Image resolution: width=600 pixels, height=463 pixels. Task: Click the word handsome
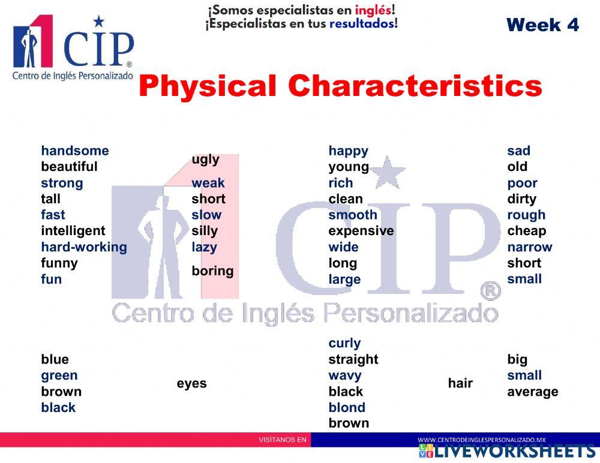pyautogui.click(x=75, y=151)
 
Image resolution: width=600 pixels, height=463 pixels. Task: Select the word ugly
pyautogui.click(x=205, y=160)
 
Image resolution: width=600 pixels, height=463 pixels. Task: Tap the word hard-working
pyautogui.click(x=84, y=247)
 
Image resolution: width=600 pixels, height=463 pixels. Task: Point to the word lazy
pyautogui.click(x=204, y=247)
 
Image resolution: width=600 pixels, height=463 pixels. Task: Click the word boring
pyautogui.click(x=212, y=271)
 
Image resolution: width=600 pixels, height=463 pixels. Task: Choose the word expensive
pyautogui.click(x=361, y=231)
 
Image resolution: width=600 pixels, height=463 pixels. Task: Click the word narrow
pyautogui.click(x=529, y=247)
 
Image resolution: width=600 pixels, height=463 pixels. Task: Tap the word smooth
pyautogui.click(x=353, y=215)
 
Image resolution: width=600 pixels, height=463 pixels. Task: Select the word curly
pyautogui.click(x=344, y=343)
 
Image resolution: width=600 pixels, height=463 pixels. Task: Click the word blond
pyautogui.click(x=347, y=407)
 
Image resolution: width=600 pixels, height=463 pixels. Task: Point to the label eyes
pyautogui.click(x=191, y=383)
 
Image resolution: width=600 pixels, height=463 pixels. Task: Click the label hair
pyautogui.click(x=460, y=383)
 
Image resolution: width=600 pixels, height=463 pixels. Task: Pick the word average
pyautogui.click(x=532, y=392)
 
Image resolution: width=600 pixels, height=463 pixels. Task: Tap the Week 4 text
pyautogui.click(x=542, y=25)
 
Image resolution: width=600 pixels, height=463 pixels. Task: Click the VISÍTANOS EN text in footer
pyautogui.click(x=282, y=440)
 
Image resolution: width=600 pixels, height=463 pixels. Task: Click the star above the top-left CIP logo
pyautogui.click(x=98, y=22)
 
